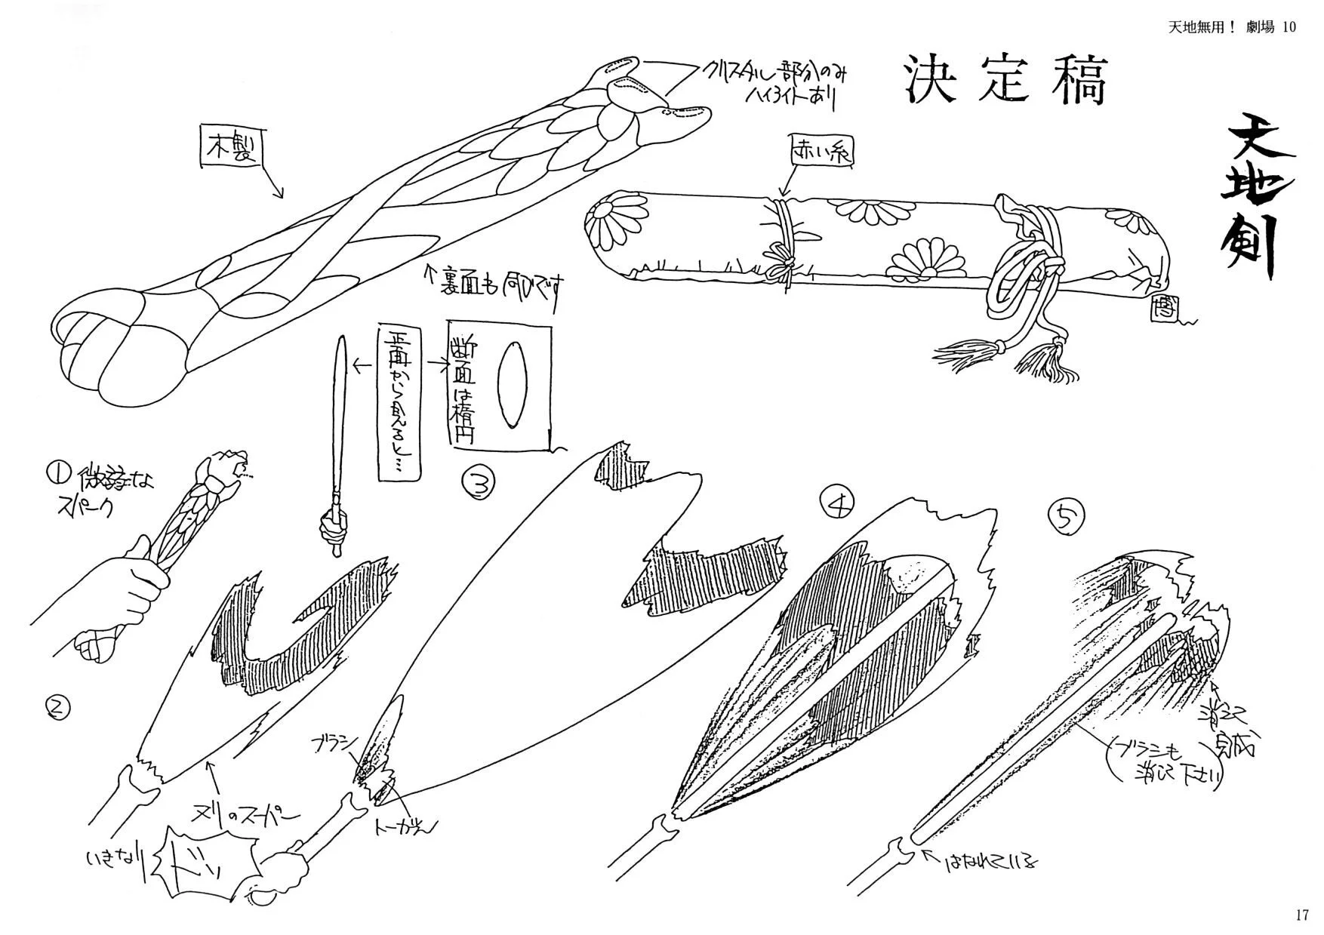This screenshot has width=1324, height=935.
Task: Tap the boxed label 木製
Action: click(x=231, y=146)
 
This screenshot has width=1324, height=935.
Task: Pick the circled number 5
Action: click(x=1066, y=518)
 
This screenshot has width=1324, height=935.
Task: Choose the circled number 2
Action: click(x=58, y=708)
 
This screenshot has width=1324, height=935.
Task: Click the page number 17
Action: click(x=1301, y=915)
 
